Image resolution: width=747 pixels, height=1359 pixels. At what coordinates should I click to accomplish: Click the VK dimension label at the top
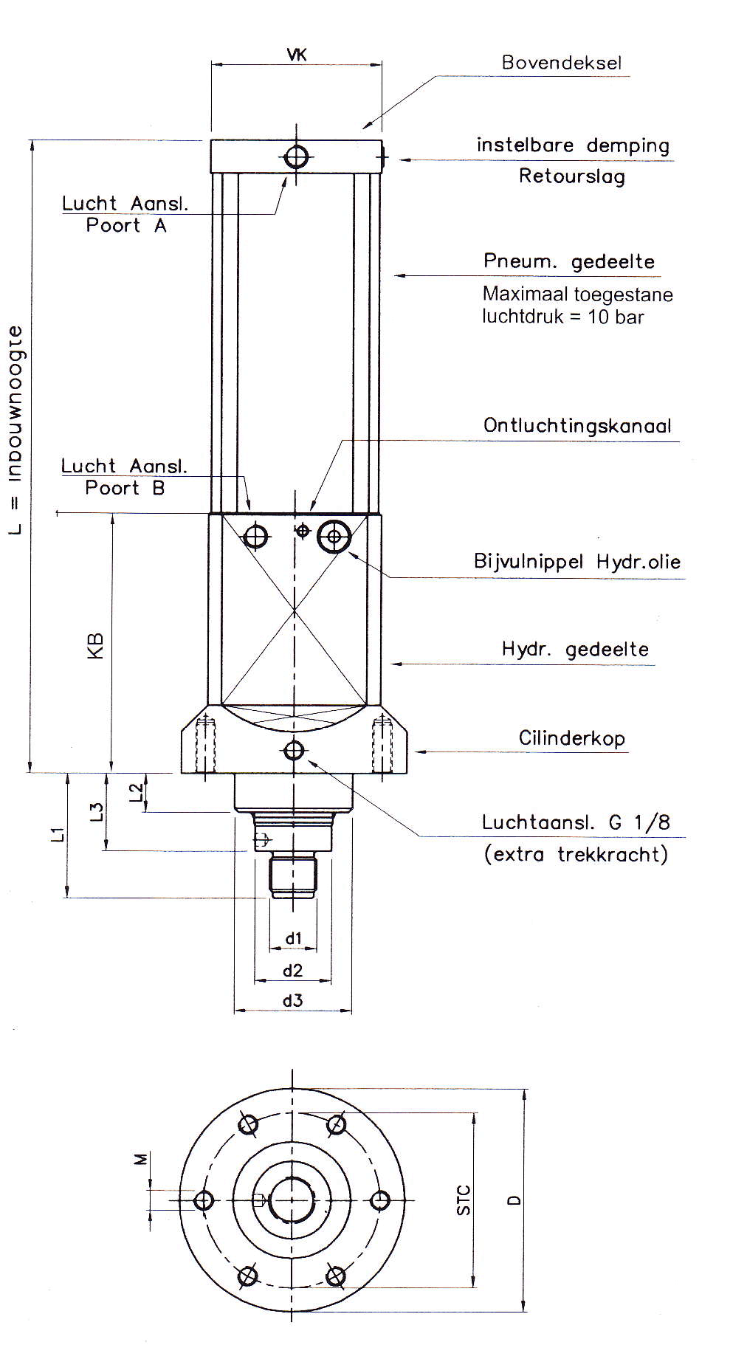(296, 54)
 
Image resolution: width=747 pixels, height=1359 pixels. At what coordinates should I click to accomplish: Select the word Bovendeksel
(561, 63)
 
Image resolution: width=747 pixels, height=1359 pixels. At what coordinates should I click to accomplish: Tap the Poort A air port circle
(297, 156)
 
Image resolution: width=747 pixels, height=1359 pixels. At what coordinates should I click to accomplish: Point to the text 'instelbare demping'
(573, 145)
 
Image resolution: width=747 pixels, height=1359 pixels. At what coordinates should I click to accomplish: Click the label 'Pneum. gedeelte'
(568, 261)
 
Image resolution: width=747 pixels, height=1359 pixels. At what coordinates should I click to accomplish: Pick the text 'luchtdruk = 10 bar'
(562, 317)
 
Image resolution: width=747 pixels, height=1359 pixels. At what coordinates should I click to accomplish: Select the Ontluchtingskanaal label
(577, 426)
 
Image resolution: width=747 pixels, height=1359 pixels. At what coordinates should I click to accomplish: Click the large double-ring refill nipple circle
(334, 536)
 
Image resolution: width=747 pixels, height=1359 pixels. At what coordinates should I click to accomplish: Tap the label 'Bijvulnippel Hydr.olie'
(576, 562)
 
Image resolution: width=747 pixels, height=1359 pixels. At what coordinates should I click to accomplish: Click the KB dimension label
(96, 645)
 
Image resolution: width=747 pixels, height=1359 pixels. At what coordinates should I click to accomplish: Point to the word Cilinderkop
(571, 738)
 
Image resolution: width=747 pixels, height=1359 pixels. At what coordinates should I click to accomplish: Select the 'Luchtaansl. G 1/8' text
(576, 822)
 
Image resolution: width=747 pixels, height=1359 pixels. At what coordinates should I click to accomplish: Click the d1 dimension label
(294, 938)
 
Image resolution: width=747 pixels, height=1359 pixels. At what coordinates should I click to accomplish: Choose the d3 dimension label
(292, 1001)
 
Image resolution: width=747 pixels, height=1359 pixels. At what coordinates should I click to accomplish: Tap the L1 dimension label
(58, 834)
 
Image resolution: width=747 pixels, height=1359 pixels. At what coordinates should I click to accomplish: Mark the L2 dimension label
(137, 792)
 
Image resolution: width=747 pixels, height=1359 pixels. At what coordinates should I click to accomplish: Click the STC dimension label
(463, 1200)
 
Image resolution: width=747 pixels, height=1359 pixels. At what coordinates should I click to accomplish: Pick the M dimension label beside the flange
(140, 1160)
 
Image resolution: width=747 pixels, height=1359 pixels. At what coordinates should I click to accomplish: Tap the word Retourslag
(571, 176)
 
